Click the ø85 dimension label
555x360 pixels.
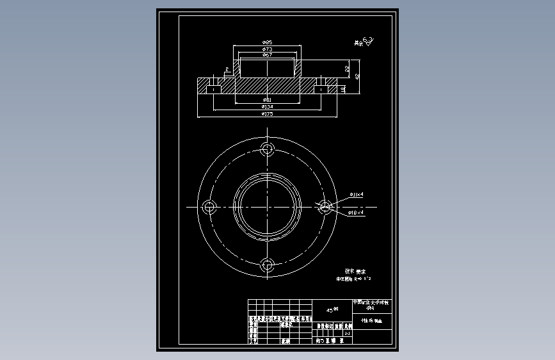[x=268, y=42]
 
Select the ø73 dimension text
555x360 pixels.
[x=268, y=49]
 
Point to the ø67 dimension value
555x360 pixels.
[x=268, y=55]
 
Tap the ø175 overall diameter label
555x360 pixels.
[x=268, y=114]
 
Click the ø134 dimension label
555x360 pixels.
[x=268, y=107]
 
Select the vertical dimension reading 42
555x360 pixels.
[x=357, y=76]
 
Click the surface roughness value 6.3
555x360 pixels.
[x=367, y=42]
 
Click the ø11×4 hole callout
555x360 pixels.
[x=357, y=194]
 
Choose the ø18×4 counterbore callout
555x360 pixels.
[x=356, y=211]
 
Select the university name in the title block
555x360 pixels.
[x=374, y=304]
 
